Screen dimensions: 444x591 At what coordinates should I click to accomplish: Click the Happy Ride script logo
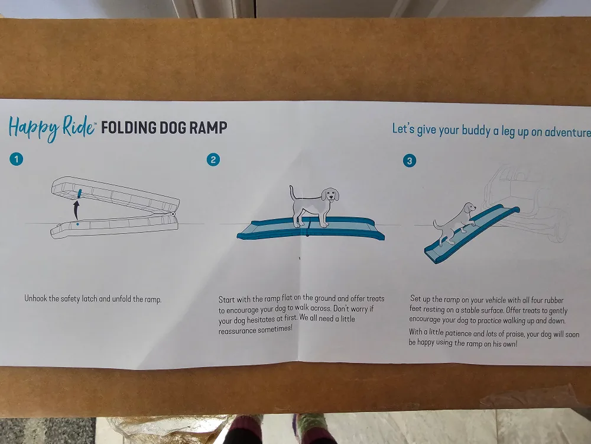click(51, 128)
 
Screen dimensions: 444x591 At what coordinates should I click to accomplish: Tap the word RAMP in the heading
click(208, 128)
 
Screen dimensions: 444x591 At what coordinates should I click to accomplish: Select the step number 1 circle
click(16, 159)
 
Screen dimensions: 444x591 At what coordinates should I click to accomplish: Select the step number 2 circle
click(213, 159)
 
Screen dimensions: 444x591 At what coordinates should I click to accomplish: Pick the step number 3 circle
click(409, 160)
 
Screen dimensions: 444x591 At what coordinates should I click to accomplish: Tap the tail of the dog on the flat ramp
click(291, 192)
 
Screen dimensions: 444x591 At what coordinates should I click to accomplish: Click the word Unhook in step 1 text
click(36, 299)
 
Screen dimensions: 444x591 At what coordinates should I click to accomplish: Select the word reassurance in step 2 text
click(237, 330)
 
